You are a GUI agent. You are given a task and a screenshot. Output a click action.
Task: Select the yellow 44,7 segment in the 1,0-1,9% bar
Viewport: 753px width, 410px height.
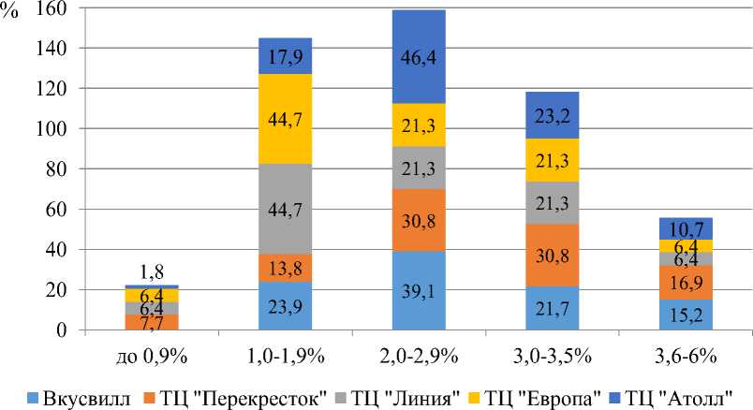point(291,119)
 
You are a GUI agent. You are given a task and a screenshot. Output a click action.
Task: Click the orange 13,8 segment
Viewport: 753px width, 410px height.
point(291,269)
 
